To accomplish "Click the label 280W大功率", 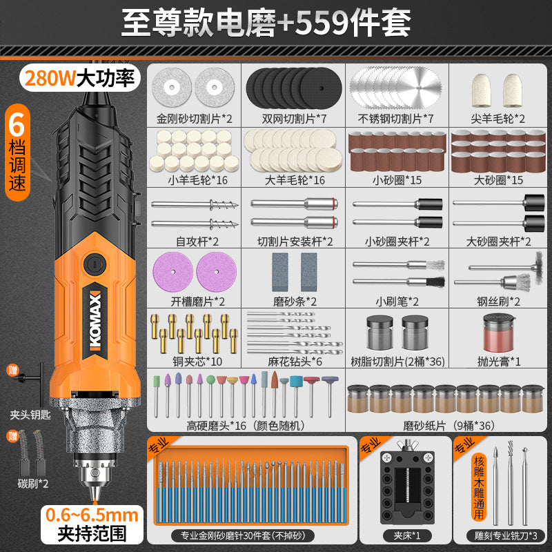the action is click(80, 78).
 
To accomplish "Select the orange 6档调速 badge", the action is click(18, 152).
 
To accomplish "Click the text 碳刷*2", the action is click(33, 484).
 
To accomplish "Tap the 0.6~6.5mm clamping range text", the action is click(92, 515).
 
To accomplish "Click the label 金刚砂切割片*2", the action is click(195, 119).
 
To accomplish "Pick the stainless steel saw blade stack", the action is click(396, 88).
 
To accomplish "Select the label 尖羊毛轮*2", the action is click(497, 119).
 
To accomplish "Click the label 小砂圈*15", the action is click(397, 180).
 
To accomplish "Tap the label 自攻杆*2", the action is click(197, 241).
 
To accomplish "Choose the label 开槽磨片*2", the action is click(198, 302).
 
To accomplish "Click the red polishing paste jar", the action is click(498, 333).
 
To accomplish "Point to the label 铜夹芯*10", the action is click(197, 362).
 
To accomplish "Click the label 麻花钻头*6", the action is click(295, 362).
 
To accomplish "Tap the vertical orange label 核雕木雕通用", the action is click(479, 487).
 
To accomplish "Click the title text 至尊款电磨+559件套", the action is click(266, 23).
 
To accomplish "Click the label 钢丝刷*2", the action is click(498, 302).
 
